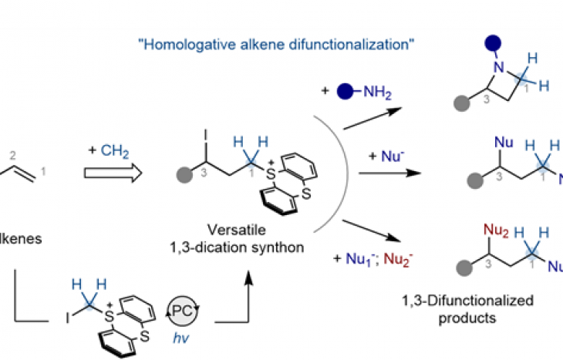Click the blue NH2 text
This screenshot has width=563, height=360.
point(378,95)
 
